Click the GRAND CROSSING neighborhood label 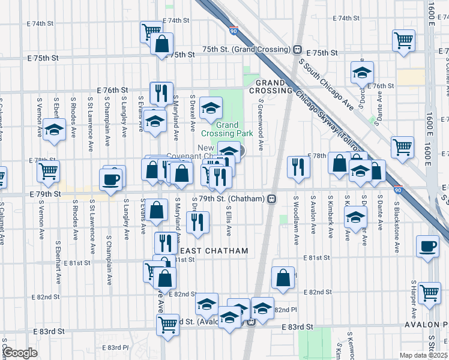point(273,86)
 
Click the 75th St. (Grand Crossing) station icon point(297,49)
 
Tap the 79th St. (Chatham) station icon point(272,198)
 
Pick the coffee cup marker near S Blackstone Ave point(427,247)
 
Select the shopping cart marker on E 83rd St point(167,324)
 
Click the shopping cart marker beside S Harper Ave point(429,293)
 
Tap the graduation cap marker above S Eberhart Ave point(54,130)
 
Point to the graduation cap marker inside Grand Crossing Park point(211,107)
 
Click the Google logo point(20,353)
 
